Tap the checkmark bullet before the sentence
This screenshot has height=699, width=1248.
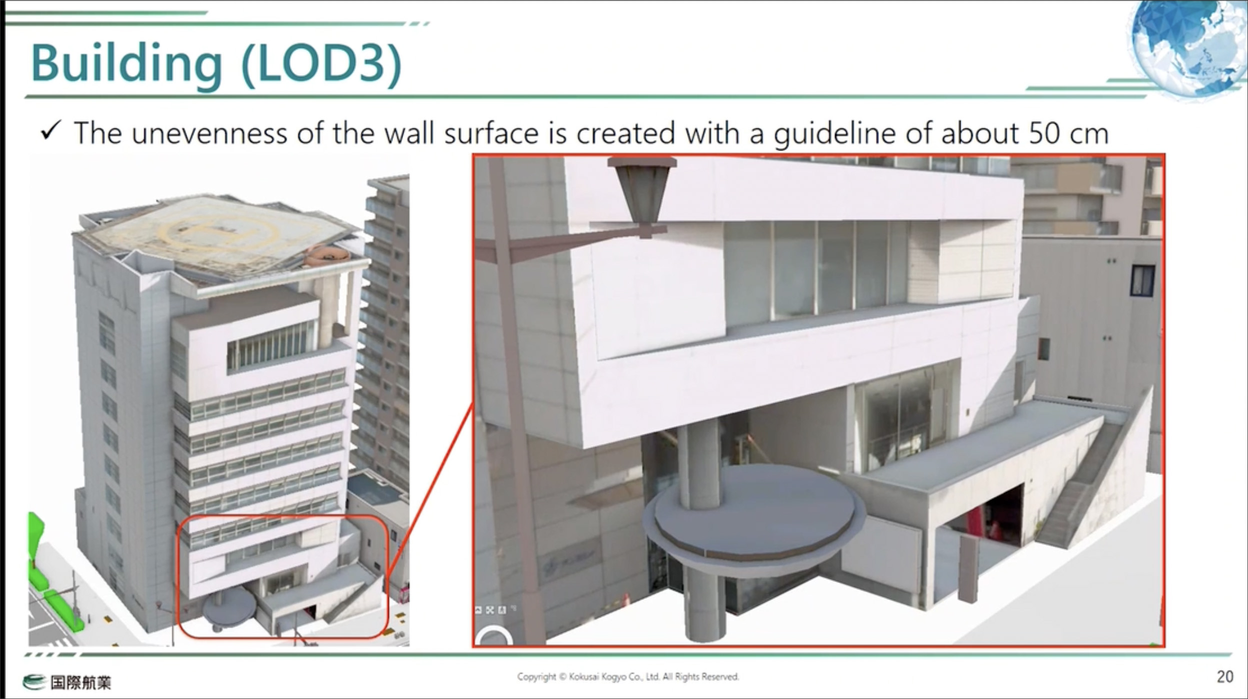[51, 131]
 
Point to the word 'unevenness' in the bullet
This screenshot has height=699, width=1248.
[209, 133]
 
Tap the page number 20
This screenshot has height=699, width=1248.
[1224, 676]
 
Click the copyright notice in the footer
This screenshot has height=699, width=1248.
[628, 676]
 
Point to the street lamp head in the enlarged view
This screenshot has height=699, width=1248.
[642, 195]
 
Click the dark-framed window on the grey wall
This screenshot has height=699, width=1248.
[1142, 280]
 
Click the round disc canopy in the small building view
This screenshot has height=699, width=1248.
[229, 605]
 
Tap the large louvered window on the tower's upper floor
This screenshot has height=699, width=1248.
[273, 345]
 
